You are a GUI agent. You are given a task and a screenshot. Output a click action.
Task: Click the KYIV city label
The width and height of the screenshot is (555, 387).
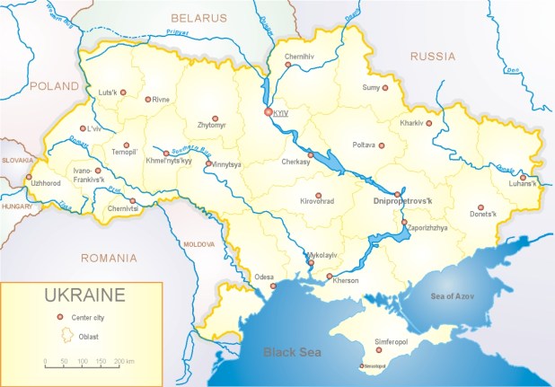[x=281, y=113]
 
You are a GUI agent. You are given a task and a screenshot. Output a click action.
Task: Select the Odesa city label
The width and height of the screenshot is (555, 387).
[x=264, y=276]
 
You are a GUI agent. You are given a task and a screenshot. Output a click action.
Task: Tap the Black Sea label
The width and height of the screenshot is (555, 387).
[x=292, y=352]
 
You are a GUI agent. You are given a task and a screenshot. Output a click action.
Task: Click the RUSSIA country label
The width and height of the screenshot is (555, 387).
[x=433, y=56]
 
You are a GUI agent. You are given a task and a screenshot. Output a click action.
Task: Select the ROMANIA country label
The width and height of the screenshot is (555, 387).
[x=108, y=258]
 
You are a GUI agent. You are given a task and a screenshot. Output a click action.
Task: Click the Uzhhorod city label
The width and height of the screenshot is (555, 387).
[x=46, y=183]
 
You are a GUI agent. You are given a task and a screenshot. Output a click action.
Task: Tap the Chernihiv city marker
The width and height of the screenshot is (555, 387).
[x=287, y=66]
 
